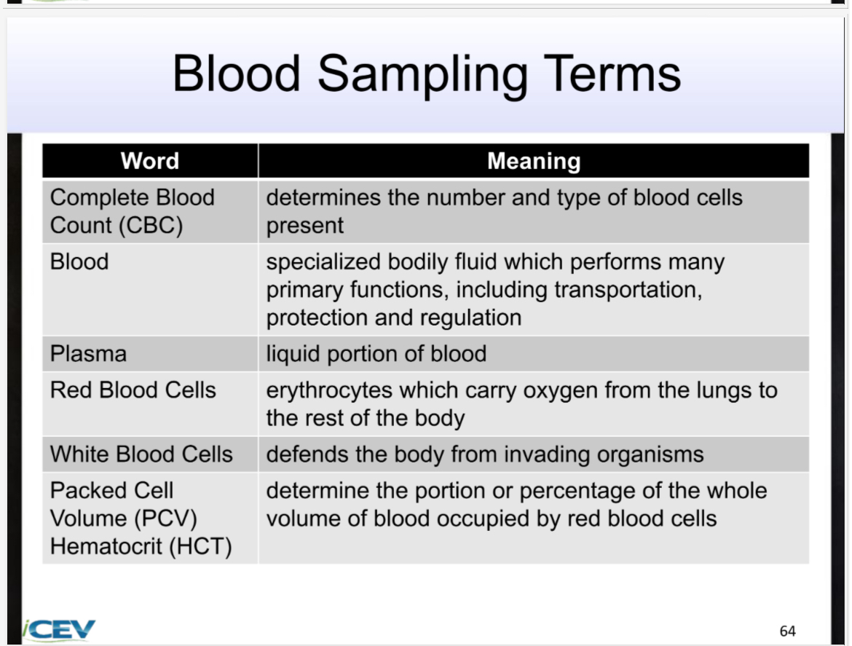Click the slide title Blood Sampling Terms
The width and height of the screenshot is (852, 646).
pyautogui.click(x=426, y=74)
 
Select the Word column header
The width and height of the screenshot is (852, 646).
pyautogui.click(x=150, y=160)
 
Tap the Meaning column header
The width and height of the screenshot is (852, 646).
pyautogui.click(x=533, y=161)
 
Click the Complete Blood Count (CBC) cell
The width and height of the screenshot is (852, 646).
pyautogui.click(x=132, y=211)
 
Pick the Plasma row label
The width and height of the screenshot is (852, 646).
pyautogui.click(x=88, y=354)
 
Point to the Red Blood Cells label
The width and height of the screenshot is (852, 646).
pyautogui.click(x=133, y=390)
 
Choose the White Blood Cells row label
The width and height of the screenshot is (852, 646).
pyautogui.click(x=141, y=454)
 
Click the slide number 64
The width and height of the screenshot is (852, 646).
pyautogui.click(x=787, y=631)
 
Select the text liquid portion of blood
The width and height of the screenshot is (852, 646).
pyautogui.click(x=376, y=354)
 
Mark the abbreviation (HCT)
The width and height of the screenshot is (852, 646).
pyautogui.click(x=200, y=546)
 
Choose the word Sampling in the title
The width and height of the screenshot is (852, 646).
pyautogui.click(x=422, y=74)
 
